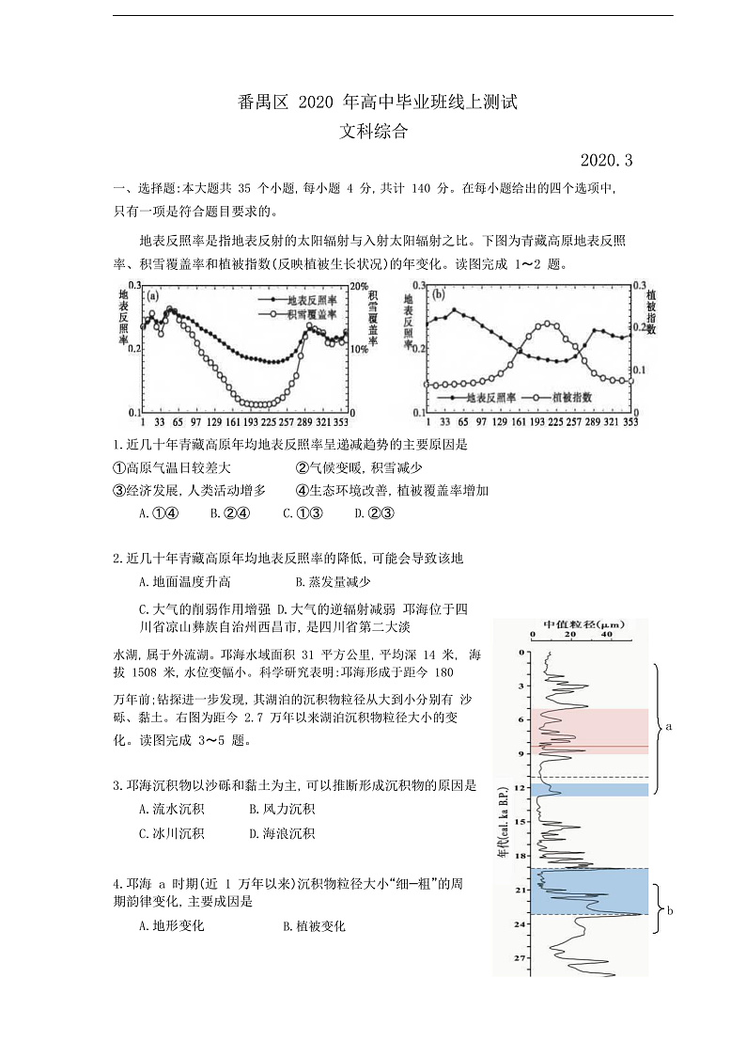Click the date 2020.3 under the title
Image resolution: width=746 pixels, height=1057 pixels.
[607, 161]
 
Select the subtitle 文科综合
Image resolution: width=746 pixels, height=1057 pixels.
[374, 133]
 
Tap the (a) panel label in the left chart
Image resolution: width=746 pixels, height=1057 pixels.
[152, 295]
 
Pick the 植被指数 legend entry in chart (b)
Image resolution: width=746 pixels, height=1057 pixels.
[571, 398]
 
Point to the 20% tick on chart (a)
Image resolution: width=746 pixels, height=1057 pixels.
[357, 285]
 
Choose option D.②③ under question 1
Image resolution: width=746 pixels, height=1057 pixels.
[374, 513]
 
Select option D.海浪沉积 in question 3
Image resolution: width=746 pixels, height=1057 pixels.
[282, 833]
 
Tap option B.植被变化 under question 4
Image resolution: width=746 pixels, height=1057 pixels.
[314, 926]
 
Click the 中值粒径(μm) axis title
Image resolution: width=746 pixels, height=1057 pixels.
[583, 625]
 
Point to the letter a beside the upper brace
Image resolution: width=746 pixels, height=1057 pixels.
[669, 727]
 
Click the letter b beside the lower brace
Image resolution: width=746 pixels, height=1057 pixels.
[670, 910]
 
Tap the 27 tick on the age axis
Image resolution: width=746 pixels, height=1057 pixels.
[520, 958]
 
